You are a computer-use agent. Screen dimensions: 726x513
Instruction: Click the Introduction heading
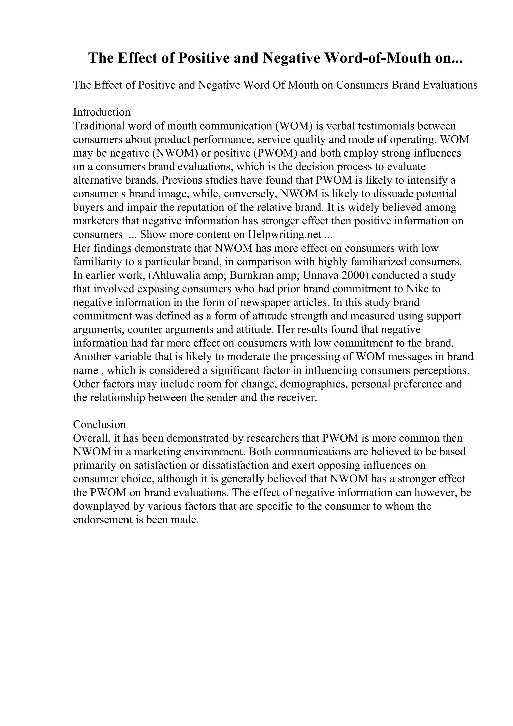101,112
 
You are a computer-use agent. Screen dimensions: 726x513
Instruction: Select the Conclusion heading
99,424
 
